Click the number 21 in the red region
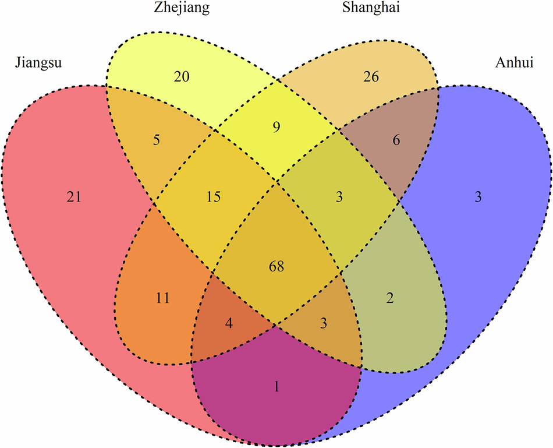tap(73, 197)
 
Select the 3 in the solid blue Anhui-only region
tap(478, 197)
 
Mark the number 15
tap(214, 197)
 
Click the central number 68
tap(276, 266)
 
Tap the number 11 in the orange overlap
tap(162, 298)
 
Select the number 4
tap(229, 323)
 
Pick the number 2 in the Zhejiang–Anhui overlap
tap(390, 298)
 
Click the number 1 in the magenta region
tap(277, 386)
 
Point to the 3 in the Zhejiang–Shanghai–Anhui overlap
tap(339, 197)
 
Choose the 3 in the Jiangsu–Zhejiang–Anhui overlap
tap(324, 323)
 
